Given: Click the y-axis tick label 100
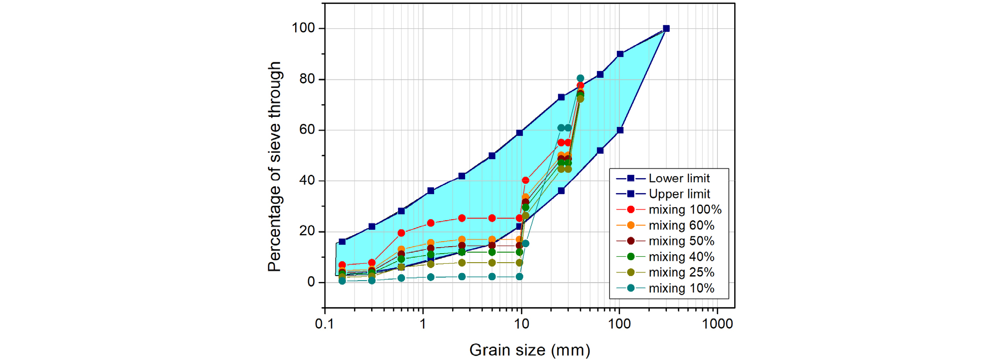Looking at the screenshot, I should point(303,28).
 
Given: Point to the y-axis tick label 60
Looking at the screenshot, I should point(308,130).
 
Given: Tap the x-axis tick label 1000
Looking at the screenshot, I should point(717,324).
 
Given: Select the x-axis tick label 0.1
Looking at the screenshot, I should point(325,324).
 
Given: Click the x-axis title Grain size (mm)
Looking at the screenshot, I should point(529,350).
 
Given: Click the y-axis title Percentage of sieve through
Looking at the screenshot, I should point(274,167).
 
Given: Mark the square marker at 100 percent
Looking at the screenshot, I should point(666,28).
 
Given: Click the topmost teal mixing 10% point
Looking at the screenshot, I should point(580,78).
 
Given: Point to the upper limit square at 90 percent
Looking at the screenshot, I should point(620,54).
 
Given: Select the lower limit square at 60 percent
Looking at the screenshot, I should point(620,130).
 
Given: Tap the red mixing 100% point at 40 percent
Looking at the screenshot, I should point(525,180).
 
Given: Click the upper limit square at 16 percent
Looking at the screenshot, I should point(342,242).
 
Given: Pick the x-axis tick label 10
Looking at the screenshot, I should point(521,324).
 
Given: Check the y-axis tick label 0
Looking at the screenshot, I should point(311,282).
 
